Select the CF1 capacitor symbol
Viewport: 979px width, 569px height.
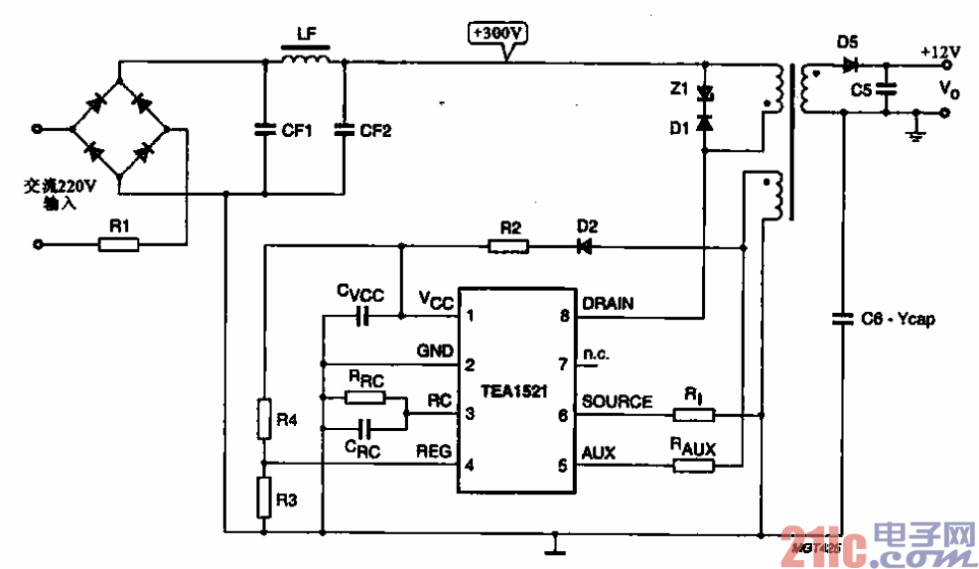264,129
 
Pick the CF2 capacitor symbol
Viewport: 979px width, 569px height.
344,129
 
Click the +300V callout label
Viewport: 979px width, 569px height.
497,33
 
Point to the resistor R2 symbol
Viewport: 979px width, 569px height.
509,244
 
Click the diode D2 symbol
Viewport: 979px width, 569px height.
586,244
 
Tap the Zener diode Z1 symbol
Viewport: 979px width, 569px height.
705,92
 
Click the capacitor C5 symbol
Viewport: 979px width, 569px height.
889,89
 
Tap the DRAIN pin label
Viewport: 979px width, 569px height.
608,302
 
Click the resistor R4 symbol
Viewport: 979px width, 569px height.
263,419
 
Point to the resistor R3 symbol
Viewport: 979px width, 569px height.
263,497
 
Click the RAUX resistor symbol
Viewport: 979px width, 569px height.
693,464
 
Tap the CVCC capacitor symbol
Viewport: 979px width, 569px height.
362,317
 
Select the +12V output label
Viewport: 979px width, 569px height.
939,51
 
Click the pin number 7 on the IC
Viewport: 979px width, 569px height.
564,363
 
